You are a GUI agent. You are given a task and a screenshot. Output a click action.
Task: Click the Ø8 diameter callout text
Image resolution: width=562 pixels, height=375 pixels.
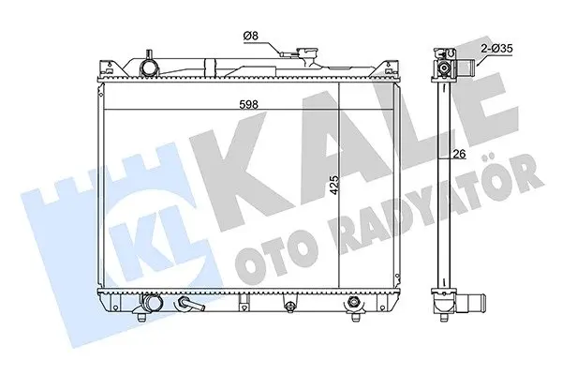[x=250, y=36]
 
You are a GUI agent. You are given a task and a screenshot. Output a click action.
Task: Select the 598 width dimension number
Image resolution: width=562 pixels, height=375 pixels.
[x=249, y=104]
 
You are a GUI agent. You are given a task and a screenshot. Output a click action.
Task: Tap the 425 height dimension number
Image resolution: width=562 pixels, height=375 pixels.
[x=333, y=185]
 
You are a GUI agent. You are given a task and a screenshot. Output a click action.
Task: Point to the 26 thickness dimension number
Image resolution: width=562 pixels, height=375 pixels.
[x=459, y=154]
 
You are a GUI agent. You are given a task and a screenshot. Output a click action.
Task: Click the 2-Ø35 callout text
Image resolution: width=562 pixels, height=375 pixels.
[x=496, y=49]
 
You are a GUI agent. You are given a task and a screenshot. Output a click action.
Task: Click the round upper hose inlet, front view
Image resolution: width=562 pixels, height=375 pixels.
[x=148, y=67]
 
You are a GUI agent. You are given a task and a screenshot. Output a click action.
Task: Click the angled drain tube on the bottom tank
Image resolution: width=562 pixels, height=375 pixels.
[x=190, y=304]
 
